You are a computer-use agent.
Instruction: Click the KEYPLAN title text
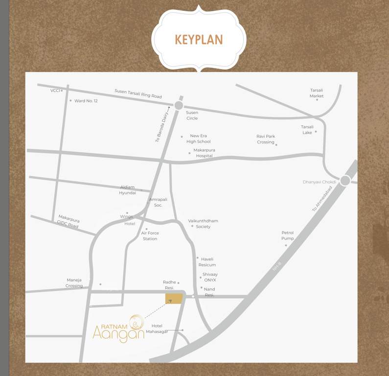coord(199,40)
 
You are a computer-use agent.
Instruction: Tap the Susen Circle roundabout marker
coord(179,105)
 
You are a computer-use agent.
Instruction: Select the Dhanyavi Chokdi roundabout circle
coord(345,181)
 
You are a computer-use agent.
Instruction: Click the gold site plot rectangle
coord(174,299)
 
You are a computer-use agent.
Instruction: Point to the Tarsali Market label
coord(317,93)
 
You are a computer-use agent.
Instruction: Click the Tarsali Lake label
coord(307,130)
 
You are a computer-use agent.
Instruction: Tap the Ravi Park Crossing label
coord(266,139)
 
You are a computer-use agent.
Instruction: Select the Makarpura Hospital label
coord(204,153)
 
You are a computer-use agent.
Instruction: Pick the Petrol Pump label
coord(288,235)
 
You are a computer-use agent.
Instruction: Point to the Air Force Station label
coord(150,236)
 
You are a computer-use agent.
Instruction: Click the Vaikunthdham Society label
coord(203,224)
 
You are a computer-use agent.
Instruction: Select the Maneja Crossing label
coord(74,283)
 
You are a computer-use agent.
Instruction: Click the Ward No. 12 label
coord(86,101)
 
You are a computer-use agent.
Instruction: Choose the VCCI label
coord(55,91)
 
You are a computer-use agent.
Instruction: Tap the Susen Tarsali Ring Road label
coord(138,94)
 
